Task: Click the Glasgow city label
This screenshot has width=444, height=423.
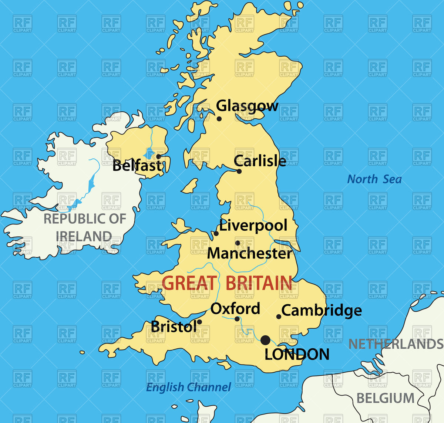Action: [247, 106]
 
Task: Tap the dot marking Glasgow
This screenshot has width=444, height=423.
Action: [219, 119]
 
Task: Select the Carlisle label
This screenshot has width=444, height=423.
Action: [260, 161]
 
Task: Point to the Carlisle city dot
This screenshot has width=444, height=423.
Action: [239, 171]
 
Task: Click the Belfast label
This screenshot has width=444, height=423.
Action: [137, 166]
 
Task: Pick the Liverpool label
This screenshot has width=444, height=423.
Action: [253, 226]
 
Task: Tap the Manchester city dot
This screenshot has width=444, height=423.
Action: [238, 243]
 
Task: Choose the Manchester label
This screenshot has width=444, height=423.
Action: [249, 253]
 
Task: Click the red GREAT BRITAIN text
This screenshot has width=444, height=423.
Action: [227, 283]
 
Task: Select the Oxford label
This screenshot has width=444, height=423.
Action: [235, 309]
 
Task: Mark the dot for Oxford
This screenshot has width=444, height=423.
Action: [237, 319]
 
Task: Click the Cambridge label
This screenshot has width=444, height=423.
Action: [322, 311]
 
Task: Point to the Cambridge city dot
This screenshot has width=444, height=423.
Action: [279, 317]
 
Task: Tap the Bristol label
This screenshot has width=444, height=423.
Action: [174, 326]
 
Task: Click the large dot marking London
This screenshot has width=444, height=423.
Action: [265, 340]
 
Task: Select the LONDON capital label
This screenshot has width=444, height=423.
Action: [297, 355]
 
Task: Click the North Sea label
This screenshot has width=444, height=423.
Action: [374, 179]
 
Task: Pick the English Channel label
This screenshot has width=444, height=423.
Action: [188, 387]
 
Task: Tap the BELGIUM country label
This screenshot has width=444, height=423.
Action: [385, 398]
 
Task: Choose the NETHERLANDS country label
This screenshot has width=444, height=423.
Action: [396, 344]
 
